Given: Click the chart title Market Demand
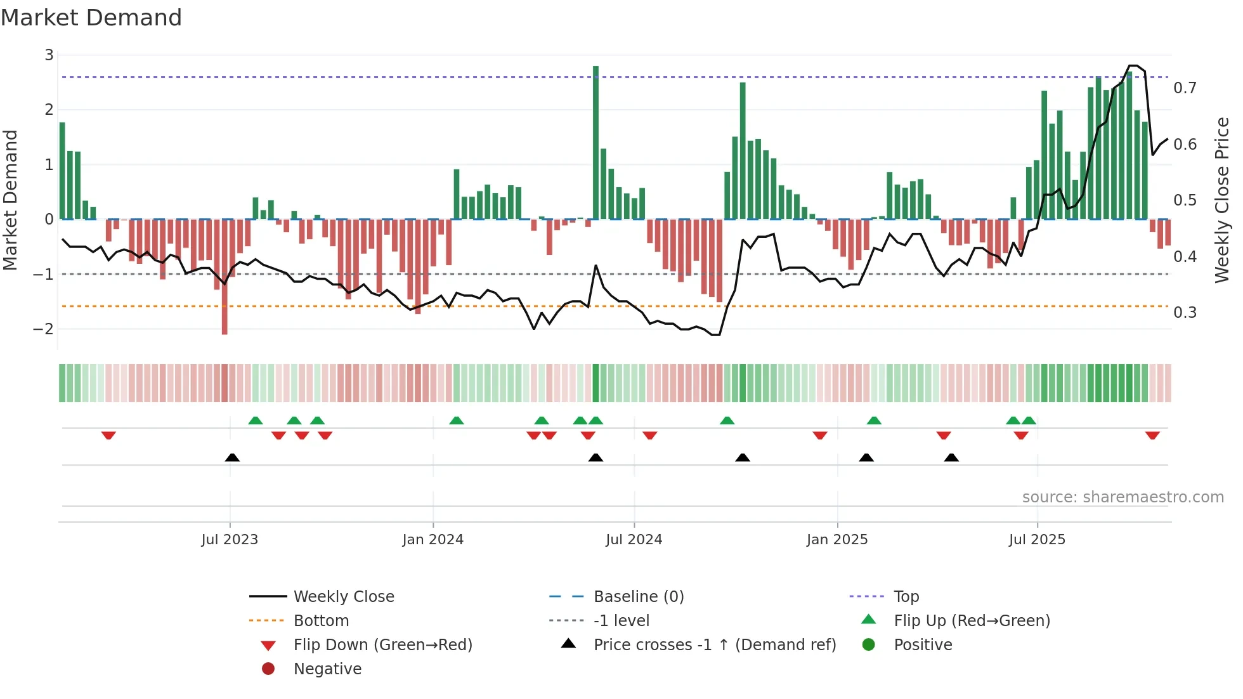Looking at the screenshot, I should [x=91, y=18].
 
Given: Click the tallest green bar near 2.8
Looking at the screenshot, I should [x=595, y=143].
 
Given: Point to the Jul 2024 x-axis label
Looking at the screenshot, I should [x=634, y=540].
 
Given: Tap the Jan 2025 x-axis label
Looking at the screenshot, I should [x=836, y=540].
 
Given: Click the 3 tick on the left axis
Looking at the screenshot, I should [x=49, y=55].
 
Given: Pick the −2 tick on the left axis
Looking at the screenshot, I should [x=43, y=329].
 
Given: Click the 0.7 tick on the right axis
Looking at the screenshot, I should [x=1185, y=88].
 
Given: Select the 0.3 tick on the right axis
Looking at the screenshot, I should [x=1185, y=313].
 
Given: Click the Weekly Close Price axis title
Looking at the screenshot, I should [x=1221, y=200].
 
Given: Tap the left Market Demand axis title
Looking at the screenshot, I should [x=10, y=200].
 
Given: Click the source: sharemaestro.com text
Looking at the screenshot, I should [x=1123, y=497].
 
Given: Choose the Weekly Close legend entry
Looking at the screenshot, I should [x=343, y=597].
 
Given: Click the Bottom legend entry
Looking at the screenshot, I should [x=321, y=621].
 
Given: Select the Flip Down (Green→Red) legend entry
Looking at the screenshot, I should [x=382, y=645].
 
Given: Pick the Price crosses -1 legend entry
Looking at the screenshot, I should [x=714, y=645].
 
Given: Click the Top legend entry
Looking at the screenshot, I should [x=906, y=597].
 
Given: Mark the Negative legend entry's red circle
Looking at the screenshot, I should [x=268, y=669].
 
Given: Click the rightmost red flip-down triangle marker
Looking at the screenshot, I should [x=1152, y=435].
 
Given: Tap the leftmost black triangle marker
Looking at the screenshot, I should [x=232, y=457].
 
